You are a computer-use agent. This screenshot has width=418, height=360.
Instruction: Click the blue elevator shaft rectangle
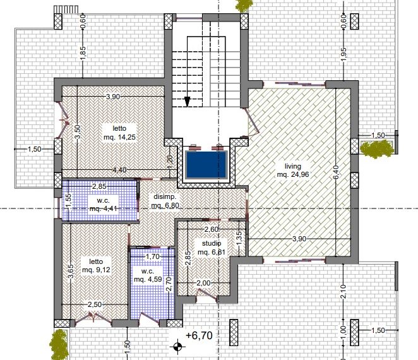(206, 165)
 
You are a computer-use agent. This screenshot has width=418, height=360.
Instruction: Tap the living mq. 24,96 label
(293, 171)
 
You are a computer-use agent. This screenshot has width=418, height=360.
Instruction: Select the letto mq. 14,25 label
(119, 133)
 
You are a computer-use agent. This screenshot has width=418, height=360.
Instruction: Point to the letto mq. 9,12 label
(96, 266)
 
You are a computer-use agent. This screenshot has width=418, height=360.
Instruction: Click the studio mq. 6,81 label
(212, 248)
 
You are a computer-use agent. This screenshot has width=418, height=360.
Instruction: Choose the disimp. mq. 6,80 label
(165, 201)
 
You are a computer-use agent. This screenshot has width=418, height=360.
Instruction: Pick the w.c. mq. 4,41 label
(103, 204)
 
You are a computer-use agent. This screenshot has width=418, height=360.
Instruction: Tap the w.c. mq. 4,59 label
(148, 275)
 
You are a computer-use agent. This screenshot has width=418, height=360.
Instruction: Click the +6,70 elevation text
(199, 335)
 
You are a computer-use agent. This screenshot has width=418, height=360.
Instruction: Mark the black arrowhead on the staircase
(187, 102)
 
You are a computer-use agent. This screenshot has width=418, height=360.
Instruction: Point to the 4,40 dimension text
(120, 170)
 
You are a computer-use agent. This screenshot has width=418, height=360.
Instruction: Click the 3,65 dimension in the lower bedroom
(71, 271)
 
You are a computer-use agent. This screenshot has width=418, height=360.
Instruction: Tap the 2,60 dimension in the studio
(212, 229)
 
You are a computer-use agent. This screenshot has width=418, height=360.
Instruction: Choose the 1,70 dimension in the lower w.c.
(153, 256)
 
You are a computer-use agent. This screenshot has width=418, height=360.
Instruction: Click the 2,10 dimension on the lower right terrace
(343, 291)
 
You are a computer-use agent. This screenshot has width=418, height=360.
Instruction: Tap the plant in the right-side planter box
(377, 149)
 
